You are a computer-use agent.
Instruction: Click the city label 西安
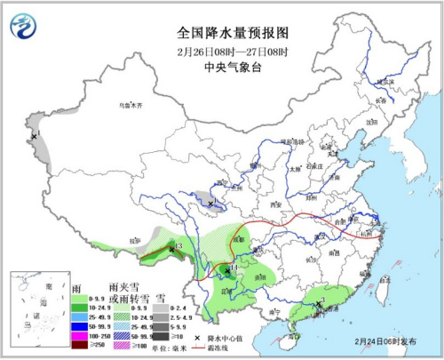click(274, 205)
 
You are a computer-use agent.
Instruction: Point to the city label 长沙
click(309, 260)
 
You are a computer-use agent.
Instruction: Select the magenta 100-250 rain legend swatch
click(77, 332)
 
